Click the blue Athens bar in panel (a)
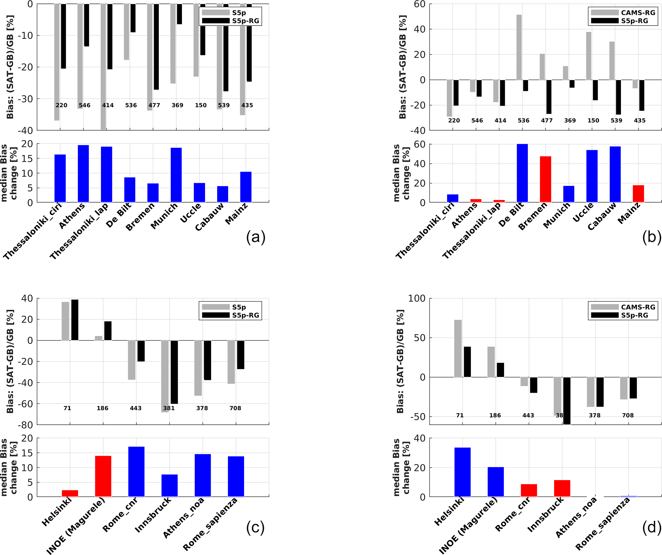tap(83, 173)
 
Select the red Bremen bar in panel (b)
tap(545, 179)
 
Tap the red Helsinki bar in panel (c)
tap(70, 493)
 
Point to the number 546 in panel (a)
tap(85, 105)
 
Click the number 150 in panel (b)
tap(593, 121)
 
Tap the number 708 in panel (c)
tap(235, 408)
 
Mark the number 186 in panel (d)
tap(495, 415)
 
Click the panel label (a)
tap(256, 237)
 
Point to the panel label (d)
tap(651, 527)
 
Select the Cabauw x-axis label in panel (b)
tap(602, 217)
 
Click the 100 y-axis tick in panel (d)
tap(416, 299)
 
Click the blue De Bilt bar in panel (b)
tap(522, 173)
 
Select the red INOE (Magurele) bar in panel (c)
tap(103, 476)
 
